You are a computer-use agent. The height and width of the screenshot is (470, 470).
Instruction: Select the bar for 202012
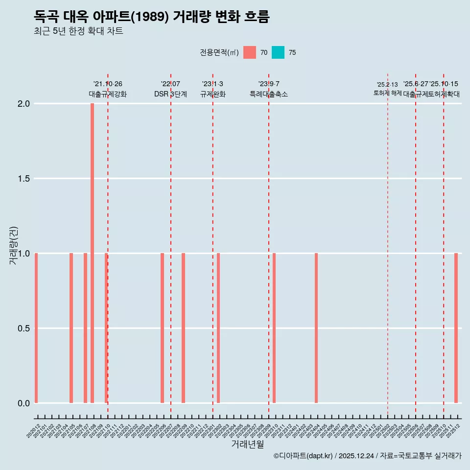(x=36, y=328)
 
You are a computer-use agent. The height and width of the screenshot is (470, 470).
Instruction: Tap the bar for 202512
(x=456, y=328)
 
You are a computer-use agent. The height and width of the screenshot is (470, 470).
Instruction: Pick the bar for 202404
(x=316, y=328)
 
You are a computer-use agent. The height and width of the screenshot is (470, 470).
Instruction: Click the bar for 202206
(x=162, y=328)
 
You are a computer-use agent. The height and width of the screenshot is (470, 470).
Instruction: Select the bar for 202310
(x=274, y=328)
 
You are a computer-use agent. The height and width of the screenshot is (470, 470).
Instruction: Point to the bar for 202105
(x=71, y=328)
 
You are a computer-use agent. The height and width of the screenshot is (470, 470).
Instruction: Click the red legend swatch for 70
(x=250, y=52)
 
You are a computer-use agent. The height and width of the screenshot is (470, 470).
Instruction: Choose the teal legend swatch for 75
(x=278, y=52)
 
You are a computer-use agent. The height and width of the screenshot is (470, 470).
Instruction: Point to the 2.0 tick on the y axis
(x=24, y=104)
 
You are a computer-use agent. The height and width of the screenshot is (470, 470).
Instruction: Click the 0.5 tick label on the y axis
(x=24, y=329)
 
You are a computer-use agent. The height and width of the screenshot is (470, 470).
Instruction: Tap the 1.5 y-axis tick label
(x=24, y=179)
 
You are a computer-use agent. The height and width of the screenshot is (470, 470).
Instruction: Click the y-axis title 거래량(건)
(x=14, y=245)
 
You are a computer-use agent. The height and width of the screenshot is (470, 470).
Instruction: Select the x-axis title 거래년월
(x=247, y=445)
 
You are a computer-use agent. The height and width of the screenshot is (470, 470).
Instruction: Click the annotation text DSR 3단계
(x=170, y=94)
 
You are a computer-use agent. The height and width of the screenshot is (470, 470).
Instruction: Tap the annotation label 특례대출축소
(x=268, y=94)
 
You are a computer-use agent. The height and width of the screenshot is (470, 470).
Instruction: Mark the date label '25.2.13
(x=387, y=85)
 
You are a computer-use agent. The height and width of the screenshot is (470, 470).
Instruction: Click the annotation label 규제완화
(x=212, y=94)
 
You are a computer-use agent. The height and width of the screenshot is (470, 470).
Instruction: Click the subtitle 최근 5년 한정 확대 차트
(x=78, y=31)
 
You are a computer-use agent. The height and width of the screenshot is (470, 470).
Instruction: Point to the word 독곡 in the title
(x=47, y=17)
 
